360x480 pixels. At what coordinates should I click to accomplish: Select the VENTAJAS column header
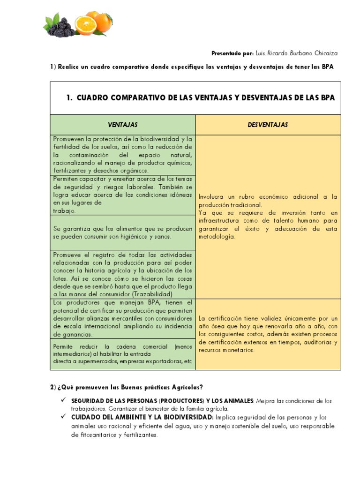pyautogui.click(x=123, y=125)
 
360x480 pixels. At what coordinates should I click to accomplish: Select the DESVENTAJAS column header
pyautogui.click(x=268, y=125)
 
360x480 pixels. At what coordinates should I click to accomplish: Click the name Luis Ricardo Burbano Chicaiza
pyautogui.click(x=296, y=54)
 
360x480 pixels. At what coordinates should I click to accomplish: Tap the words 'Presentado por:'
pyautogui.click(x=232, y=54)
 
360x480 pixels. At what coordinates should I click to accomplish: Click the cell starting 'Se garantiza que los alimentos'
pyautogui.click(x=123, y=232)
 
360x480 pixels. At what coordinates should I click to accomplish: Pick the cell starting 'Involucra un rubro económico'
pyautogui.click(x=268, y=217)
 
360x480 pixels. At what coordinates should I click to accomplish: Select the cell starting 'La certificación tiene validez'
pyautogui.click(x=268, y=334)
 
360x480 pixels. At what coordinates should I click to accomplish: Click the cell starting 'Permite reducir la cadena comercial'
pyautogui.click(x=123, y=354)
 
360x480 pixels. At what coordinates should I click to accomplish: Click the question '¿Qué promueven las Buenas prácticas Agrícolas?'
pyautogui.click(x=129, y=387)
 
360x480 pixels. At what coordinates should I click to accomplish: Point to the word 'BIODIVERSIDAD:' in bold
pyautogui.click(x=189, y=417)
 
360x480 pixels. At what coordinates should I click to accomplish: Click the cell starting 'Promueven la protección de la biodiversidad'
pyautogui.click(x=123, y=155)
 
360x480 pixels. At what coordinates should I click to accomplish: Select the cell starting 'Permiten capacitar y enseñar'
pyautogui.click(x=123, y=195)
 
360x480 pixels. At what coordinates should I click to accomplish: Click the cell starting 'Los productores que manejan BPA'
pyautogui.click(x=123, y=319)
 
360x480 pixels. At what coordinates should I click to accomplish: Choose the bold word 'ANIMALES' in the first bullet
pyautogui.click(x=236, y=401)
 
